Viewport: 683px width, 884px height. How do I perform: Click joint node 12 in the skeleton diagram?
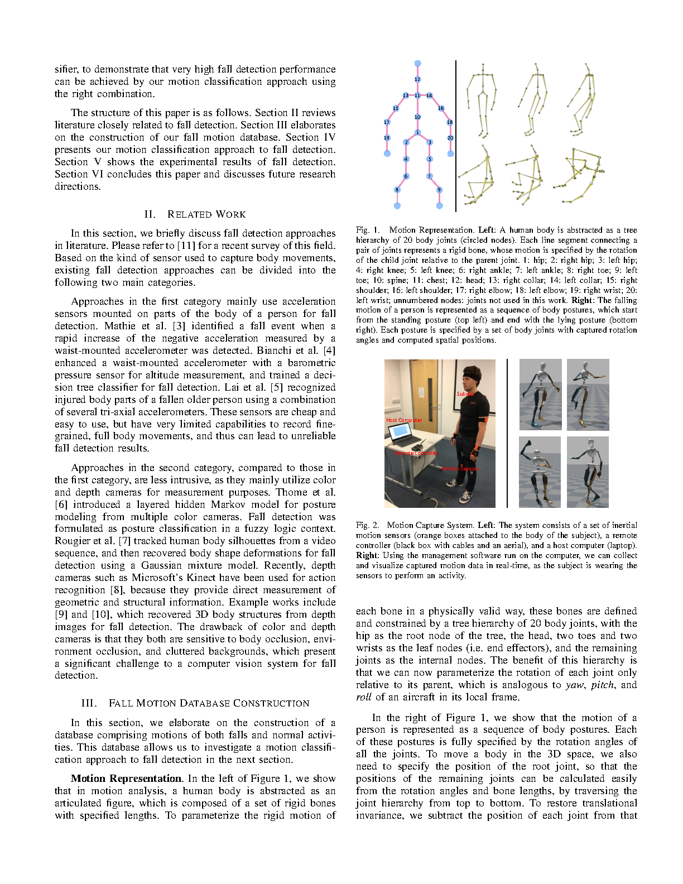coord(417,79)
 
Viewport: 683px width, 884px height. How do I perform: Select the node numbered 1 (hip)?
coord(417,132)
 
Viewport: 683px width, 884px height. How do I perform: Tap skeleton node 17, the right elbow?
coord(387,122)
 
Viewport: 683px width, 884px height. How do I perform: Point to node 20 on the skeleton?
coord(450,138)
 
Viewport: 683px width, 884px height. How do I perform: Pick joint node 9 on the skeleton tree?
coord(439,190)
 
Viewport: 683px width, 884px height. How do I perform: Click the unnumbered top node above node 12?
coord(417,64)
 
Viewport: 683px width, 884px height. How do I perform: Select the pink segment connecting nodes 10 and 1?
coord(417,125)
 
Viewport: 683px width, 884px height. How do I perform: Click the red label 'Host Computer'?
coord(404,420)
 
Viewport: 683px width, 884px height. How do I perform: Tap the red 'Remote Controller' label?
coord(416,453)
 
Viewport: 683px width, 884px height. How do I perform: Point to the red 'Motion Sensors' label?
coord(461,469)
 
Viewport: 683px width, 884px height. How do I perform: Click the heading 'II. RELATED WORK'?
coord(195,214)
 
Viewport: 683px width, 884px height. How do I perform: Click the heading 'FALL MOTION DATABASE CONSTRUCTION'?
coord(209,703)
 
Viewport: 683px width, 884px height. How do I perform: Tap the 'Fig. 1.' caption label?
coord(367,230)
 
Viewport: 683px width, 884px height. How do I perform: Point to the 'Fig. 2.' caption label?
coord(367,525)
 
